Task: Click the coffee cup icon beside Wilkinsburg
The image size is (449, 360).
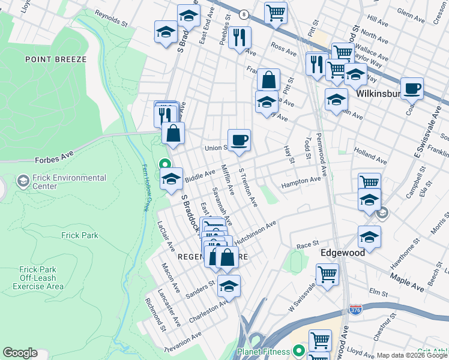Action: coord(412,89)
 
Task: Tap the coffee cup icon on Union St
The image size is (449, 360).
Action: coord(239,140)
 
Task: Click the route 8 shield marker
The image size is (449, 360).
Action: coord(243,14)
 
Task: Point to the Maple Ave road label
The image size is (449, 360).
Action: coord(407,282)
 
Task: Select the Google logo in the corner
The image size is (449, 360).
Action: coord(20,352)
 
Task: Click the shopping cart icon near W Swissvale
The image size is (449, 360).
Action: coord(327,275)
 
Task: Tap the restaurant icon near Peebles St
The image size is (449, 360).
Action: coord(240,37)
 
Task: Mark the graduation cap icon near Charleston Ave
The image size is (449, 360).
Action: coord(229,286)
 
